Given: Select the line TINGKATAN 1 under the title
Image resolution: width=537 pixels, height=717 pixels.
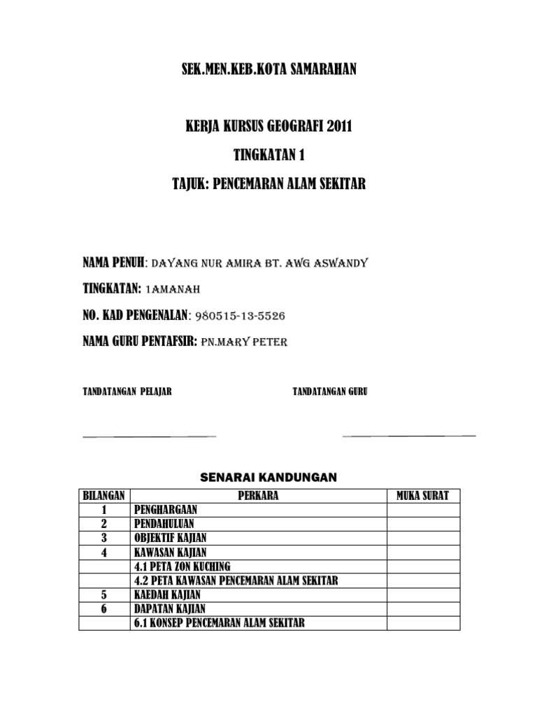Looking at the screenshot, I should point(268,155).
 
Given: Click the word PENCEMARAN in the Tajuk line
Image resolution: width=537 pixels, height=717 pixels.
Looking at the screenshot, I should point(257,183).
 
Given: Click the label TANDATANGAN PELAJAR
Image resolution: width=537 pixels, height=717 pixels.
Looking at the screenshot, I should point(127,391).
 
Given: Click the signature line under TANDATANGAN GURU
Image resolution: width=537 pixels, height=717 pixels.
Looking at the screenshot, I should point(409,436).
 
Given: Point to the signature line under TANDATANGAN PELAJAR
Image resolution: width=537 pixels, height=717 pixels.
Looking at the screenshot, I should point(149,436).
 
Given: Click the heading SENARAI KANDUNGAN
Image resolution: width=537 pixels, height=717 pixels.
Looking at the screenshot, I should point(268,478).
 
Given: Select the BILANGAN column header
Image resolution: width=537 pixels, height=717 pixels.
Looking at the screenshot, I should point(104,496).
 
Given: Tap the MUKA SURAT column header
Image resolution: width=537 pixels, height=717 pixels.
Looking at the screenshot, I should point(423,496).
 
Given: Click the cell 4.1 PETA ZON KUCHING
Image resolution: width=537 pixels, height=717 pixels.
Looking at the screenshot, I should point(181,566).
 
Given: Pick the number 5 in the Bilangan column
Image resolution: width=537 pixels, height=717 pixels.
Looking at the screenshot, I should point(104,594).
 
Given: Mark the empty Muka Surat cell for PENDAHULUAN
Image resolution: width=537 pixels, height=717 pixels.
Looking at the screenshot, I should point(423,524).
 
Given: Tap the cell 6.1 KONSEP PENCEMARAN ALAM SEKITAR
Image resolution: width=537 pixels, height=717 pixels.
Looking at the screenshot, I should point(218,622).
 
